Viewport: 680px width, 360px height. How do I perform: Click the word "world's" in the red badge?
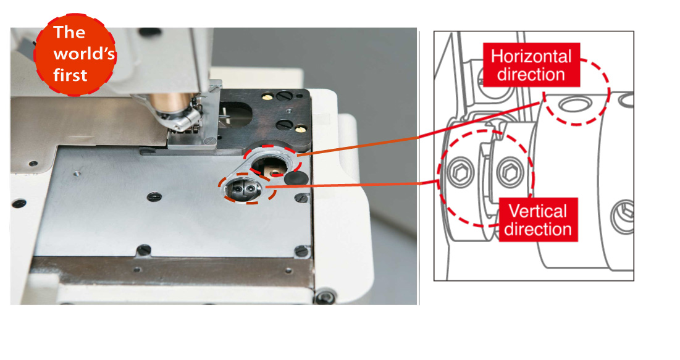(84, 53)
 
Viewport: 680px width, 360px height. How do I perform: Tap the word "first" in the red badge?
(70, 75)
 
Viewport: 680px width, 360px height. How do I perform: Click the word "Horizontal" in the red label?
(531, 56)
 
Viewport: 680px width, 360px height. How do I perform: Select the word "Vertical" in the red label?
(538, 211)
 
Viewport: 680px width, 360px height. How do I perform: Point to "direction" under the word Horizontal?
(531, 75)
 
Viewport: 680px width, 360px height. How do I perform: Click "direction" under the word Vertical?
(538, 229)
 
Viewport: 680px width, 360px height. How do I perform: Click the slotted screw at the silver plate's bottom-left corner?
(143, 250)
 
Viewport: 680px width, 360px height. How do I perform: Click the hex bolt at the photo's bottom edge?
(325, 296)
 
